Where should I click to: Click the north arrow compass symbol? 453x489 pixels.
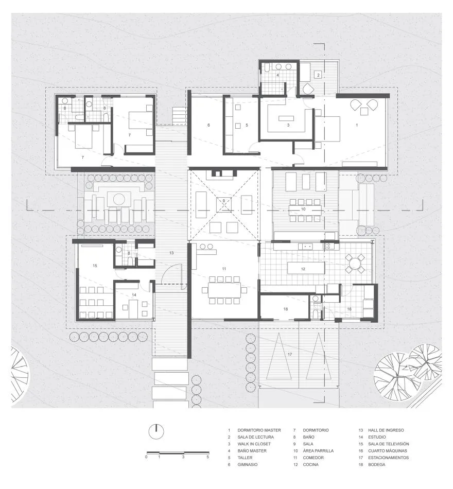[x=156, y=431]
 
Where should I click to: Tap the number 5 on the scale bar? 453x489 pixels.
[x=208, y=457]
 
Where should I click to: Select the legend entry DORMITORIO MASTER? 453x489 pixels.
[x=259, y=430]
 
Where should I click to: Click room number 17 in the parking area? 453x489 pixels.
[x=289, y=355]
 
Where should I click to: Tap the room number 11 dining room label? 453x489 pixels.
[x=224, y=269]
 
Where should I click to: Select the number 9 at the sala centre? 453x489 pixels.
[x=224, y=201]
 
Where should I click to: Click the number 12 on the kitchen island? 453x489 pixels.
[x=303, y=269]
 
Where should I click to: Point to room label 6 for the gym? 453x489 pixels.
[x=208, y=125]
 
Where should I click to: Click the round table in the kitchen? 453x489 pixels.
[x=355, y=263]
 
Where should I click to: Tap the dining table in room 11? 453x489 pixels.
[x=224, y=290]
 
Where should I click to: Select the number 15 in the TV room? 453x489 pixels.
[x=95, y=266]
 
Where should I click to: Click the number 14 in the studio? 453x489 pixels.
[x=134, y=295]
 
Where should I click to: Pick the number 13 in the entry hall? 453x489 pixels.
[x=171, y=253]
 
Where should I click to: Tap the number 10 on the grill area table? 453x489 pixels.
[x=303, y=209]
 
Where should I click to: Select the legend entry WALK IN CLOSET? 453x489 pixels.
[x=254, y=444]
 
